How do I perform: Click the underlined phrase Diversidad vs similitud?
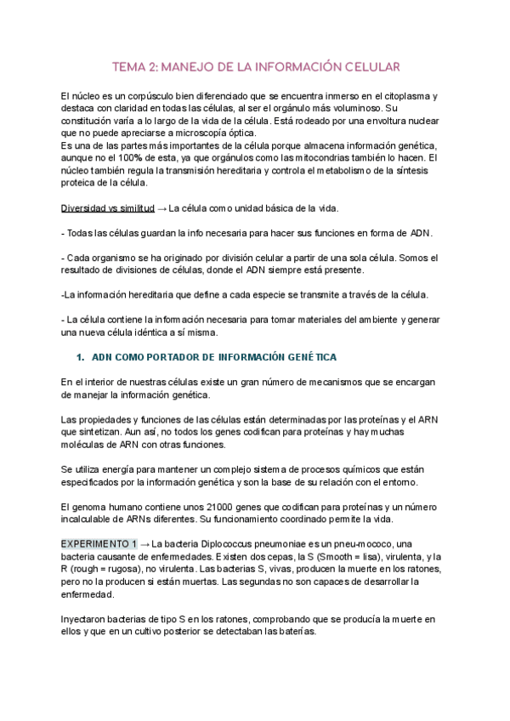click(x=108, y=208)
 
